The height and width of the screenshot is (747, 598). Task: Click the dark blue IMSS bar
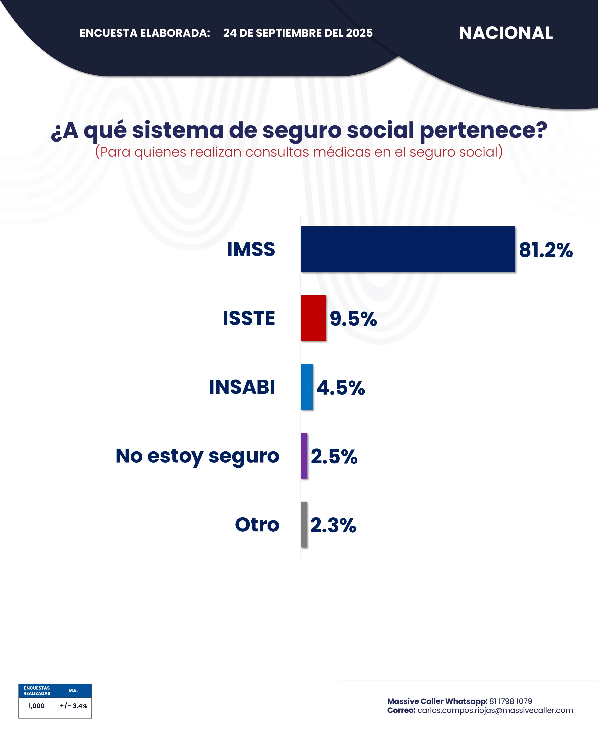408,249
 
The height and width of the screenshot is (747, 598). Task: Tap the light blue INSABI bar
306,387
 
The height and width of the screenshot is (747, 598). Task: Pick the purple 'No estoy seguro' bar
304,456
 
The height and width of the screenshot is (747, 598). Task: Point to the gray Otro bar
304,524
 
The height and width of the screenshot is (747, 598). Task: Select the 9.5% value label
353,319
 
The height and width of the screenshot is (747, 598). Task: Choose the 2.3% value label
333,525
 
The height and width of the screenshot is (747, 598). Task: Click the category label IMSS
251,249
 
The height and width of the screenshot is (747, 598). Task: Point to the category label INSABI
242,387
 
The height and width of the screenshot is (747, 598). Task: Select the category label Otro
257,525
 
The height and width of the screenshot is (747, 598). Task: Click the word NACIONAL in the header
506,33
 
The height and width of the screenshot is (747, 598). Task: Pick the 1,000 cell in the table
36,706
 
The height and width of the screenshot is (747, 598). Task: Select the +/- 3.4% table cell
73,706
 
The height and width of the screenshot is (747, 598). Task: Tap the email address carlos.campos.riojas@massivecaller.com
495,710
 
